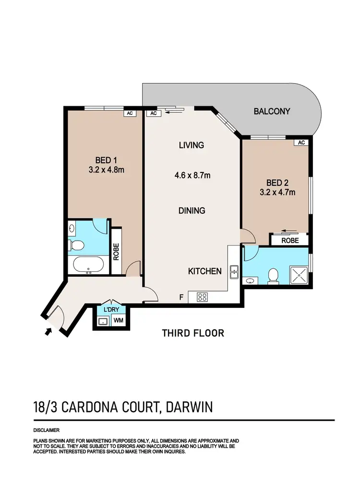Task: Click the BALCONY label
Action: coord(272,111)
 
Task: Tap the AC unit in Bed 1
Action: coord(130,114)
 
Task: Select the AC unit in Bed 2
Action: coord(301,143)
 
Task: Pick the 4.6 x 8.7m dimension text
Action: coord(192,176)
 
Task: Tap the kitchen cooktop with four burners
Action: coord(202,297)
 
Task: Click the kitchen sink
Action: coord(235,271)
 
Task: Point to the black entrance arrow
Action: coord(47,331)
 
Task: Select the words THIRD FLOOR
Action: coord(193,333)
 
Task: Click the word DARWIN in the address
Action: coord(188,408)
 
